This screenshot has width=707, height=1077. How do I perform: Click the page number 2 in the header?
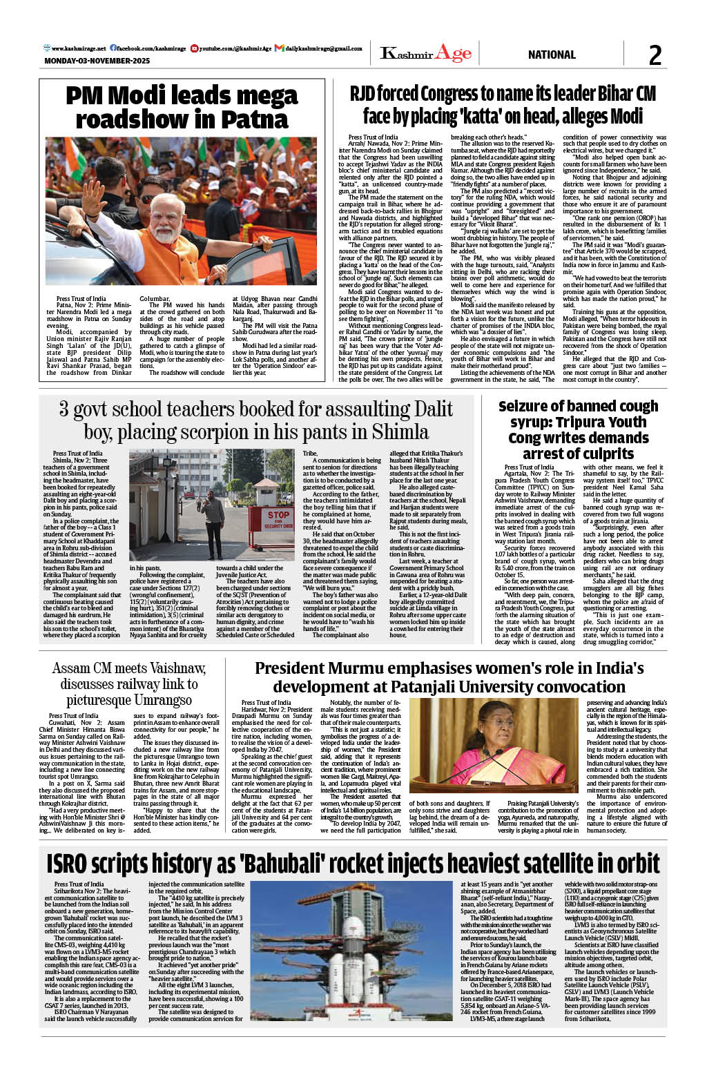(655, 55)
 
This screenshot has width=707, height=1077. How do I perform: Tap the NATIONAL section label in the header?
(552, 55)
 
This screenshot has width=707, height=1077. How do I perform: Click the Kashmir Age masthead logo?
(426, 53)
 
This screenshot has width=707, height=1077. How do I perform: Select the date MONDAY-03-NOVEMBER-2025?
(97, 61)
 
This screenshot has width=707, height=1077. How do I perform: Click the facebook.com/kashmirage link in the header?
(151, 48)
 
